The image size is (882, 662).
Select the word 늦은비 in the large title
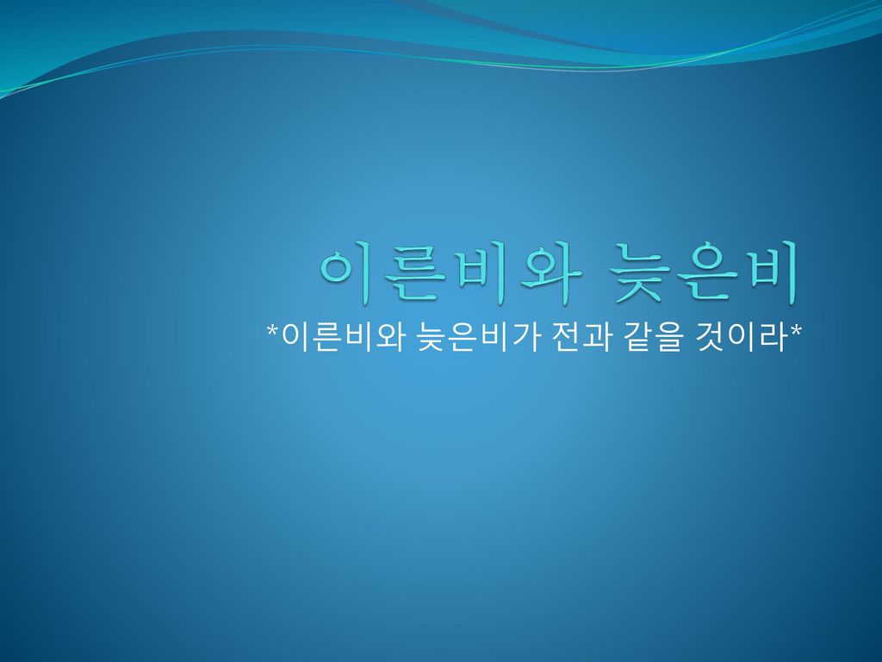tap(705, 273)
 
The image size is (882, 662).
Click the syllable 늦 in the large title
tap(640, 274)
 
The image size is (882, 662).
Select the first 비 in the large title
tap(485, 273)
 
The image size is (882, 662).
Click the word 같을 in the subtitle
tap(654, 337)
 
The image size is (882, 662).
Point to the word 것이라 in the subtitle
tap(742, 337)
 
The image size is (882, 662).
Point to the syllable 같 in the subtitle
tap(639, 337)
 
